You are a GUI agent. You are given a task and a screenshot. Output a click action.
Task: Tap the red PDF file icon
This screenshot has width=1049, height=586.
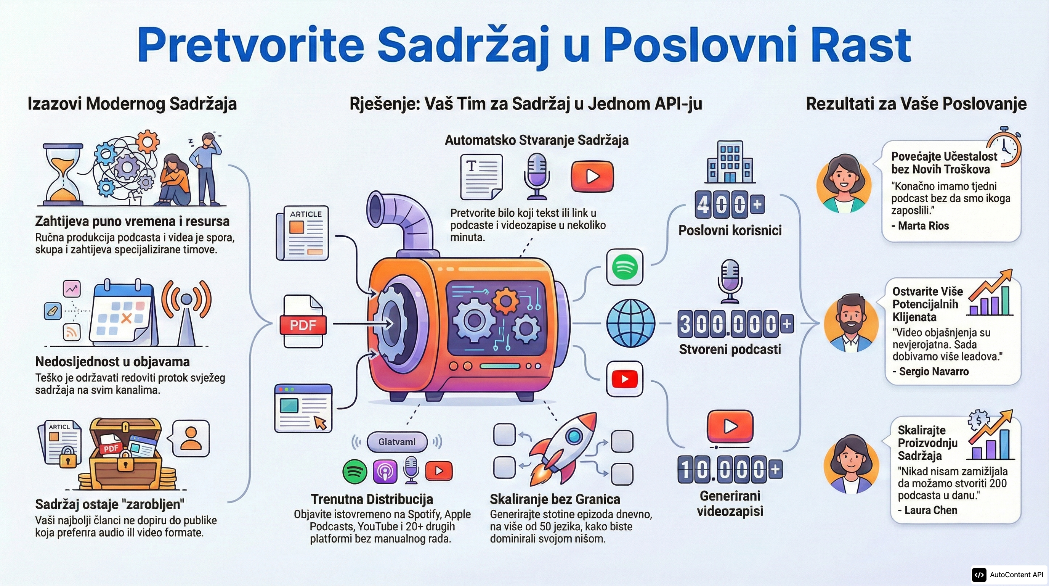[x=303, y=322]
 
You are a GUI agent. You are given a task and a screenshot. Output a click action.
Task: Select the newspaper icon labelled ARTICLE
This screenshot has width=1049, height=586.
[x=303, y=233]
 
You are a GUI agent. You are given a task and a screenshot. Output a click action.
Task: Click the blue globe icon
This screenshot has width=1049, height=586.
[x=630, y=323]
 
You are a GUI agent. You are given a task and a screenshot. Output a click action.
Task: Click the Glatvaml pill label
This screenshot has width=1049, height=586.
[x=397, y=442]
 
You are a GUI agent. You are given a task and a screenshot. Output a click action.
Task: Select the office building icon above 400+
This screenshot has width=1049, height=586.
[x=730, y=162]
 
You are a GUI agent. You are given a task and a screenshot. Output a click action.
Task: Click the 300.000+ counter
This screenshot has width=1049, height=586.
[x=735, y=324]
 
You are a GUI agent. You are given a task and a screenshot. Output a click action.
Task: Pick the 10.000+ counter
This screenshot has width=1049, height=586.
[x=730, y=470]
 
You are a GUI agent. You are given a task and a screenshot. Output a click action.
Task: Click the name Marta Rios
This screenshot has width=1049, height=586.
[x=923, y=226]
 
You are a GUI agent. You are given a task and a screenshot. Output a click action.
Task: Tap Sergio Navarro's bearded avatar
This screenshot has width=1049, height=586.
[x=851, y=323]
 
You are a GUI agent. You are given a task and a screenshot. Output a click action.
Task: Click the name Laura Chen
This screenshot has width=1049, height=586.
[x=930, y=510]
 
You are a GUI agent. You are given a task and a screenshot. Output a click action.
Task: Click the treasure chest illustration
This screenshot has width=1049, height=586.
[x=125, y=453]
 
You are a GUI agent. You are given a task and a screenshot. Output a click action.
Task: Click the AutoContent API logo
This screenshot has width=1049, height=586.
[x=1007, y=575]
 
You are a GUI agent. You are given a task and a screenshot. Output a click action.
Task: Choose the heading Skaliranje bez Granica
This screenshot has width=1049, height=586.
[x=555, y=499]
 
